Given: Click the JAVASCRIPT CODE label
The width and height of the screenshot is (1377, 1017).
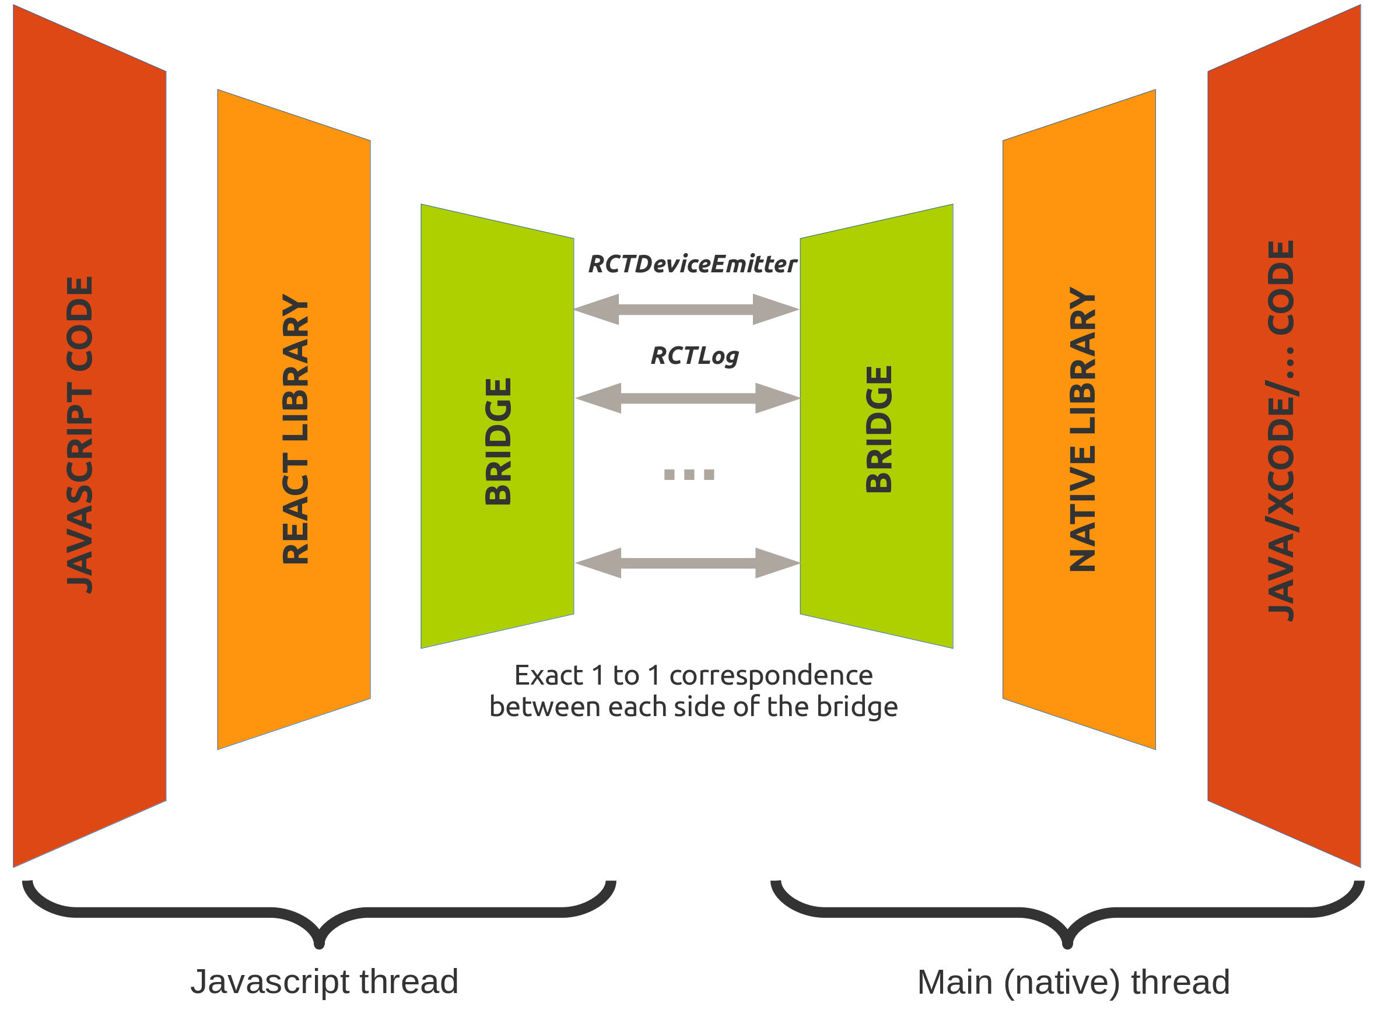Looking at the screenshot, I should coord(79,434).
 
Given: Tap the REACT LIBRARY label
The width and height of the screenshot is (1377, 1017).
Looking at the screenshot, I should coord(295,429).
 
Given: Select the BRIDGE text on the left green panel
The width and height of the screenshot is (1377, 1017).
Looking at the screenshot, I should coord(498,441).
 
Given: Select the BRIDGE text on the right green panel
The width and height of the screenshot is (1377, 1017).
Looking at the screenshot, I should coord(878,430).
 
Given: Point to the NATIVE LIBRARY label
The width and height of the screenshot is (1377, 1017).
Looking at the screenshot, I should coord(1082,430).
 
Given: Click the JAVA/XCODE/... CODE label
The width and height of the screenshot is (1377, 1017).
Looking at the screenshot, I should coord(1281,431).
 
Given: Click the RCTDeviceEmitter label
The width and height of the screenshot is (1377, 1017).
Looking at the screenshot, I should coord(692,265).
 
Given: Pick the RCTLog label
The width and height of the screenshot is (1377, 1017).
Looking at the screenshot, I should coord(695,356).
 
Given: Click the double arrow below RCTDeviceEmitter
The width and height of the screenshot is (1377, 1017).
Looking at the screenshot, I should coord(686,309).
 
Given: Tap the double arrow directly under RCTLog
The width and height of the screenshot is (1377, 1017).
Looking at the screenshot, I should coord(688,398).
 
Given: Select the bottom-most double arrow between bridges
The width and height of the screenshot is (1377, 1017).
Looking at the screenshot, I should coord(688,563).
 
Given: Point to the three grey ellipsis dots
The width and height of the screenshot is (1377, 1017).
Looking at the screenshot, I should coord(689,475).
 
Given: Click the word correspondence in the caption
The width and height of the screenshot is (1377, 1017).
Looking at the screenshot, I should coord(770,675).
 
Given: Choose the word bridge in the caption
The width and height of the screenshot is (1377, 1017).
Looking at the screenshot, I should coord(857,707).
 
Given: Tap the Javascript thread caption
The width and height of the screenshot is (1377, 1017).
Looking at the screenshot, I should coord(324,981).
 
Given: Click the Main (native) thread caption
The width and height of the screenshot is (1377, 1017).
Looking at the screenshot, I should coord(1073,982).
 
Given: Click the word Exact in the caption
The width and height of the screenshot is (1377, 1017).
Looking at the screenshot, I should coord(548,675).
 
